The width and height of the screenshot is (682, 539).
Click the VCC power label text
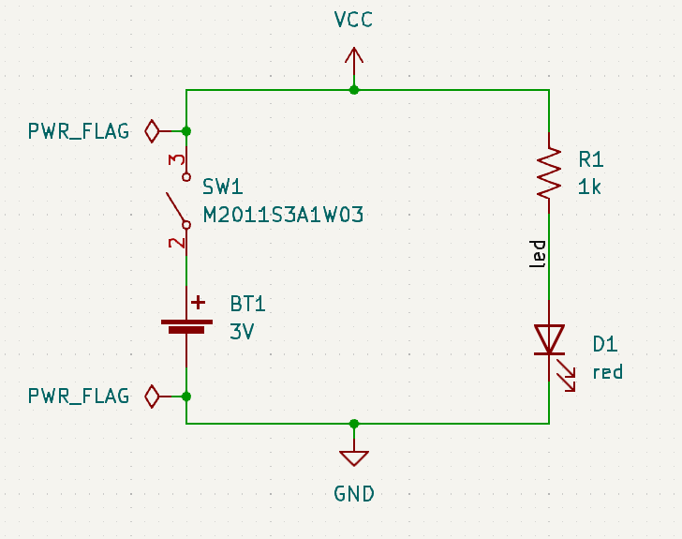tap(353, 20)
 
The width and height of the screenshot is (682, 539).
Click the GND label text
tap(354, 493)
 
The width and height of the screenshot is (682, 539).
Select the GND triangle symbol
tap(354, 457)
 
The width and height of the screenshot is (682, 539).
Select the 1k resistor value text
tap(590, 187)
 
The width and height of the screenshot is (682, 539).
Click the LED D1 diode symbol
tap(549, 339)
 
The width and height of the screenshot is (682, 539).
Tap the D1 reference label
tap(605, 344)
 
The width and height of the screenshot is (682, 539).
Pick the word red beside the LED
tap(607, 372)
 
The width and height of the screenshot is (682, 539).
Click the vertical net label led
tap(538, 254)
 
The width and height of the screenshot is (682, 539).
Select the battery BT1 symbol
tap(186, 324)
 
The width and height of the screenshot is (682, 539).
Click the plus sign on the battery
tap(199, 303)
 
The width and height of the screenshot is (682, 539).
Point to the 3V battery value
tap(243, 331)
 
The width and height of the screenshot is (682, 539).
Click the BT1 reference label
tap(248, 304)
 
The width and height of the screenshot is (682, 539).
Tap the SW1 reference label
tap(223, 187)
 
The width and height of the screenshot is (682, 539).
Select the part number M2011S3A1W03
tap(283, 215)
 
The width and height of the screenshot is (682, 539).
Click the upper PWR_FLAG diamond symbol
tap(152, 130)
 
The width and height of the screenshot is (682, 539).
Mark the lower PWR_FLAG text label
tap(79, 397)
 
